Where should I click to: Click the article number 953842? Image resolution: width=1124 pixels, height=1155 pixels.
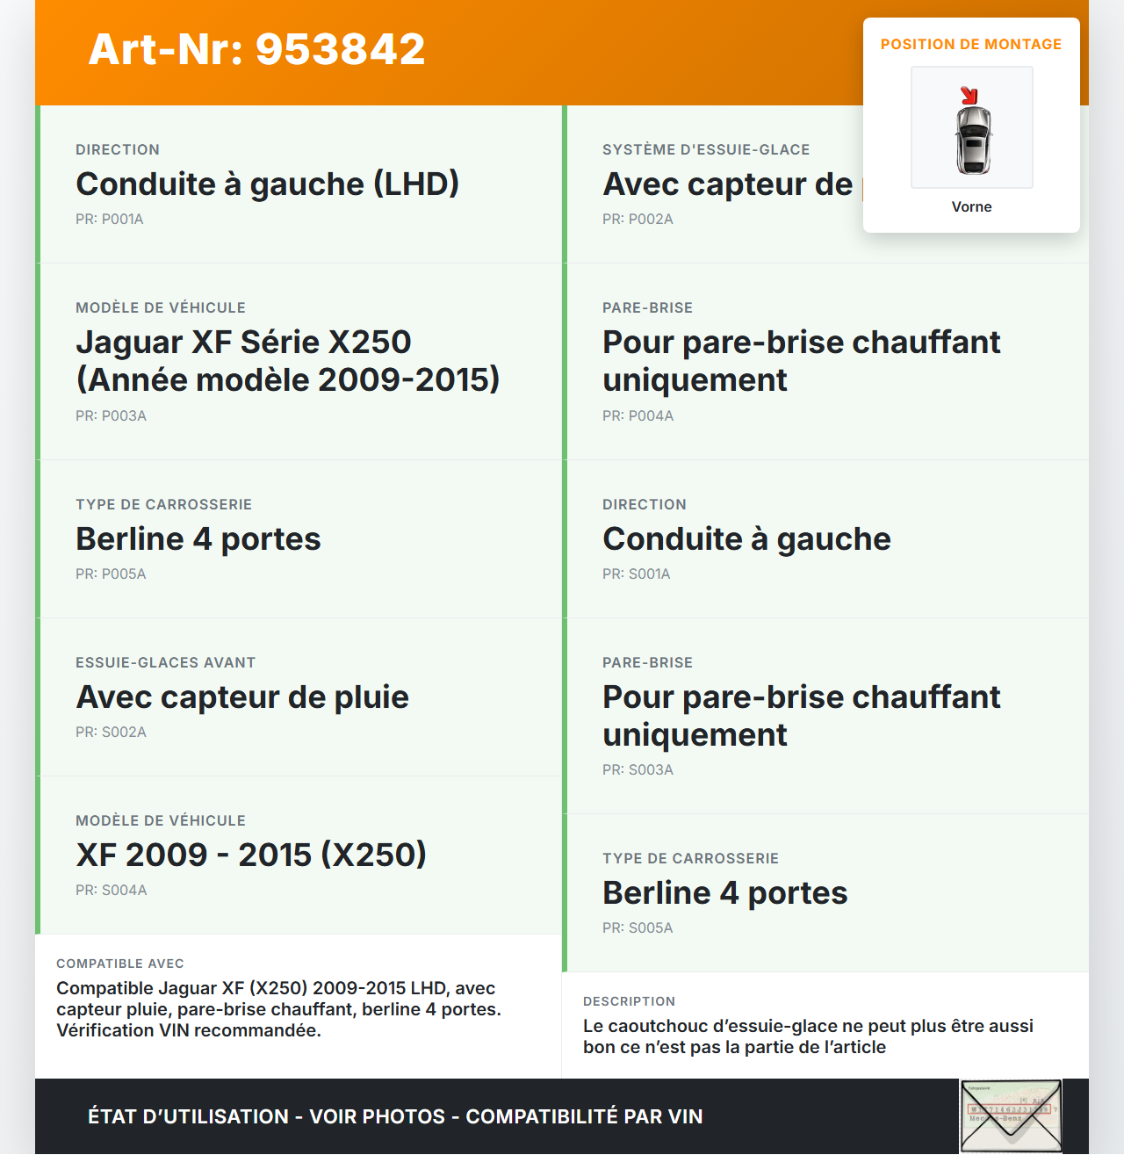(340, 49)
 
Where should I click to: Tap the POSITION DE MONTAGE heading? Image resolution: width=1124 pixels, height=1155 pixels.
(970, 44)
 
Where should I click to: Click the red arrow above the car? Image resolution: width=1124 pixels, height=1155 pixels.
(969, 95)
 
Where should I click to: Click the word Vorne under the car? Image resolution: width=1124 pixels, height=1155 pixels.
(971, 206)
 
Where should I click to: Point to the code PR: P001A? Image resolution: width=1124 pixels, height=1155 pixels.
(109, 219)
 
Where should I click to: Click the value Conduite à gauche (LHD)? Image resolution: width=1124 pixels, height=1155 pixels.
(267, 184)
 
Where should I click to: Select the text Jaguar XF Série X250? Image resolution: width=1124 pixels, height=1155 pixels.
(243, 342)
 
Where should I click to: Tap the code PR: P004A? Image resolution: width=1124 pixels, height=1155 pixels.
(638, 415)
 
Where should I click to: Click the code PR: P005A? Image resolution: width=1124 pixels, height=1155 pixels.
(111, 574)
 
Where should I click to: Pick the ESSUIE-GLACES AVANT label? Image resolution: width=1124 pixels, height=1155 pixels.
(165, 662)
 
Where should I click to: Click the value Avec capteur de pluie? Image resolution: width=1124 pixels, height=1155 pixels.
(242, 697)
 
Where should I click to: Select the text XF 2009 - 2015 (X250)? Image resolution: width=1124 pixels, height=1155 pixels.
(251, 855)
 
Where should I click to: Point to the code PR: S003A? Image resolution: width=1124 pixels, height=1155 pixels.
(638, 769)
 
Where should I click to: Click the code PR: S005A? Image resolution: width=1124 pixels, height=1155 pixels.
(638, 928)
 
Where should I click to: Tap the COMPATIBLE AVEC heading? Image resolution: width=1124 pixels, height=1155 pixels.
(120, 964)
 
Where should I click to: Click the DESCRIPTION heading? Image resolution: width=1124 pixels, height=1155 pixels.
(629, 1001)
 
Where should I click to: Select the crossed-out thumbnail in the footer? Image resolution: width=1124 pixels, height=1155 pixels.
(1011, 1115)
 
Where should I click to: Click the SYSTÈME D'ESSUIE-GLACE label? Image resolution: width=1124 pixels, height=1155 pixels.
(706, 149)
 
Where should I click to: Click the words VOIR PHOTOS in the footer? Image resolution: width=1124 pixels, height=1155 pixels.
(378, 1116)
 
